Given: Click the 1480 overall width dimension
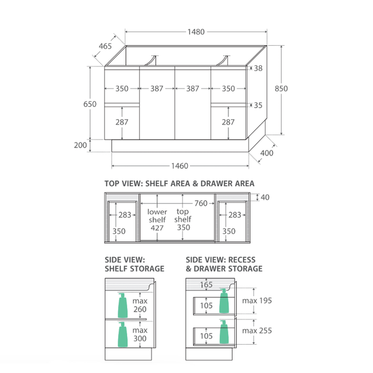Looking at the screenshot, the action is coord(196,32).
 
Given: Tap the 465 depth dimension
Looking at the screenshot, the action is coord(105,46).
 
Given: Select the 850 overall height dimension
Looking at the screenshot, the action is coord(281,88).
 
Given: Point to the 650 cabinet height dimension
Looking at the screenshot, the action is coord(90,104).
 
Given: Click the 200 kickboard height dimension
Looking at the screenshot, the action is coord(80,145).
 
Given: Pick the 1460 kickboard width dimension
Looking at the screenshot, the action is coord(180,166).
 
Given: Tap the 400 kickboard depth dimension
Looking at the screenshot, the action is coord(267,153).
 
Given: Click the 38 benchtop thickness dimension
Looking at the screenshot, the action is coord(258,68).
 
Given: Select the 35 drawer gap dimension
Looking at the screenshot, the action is coord(258,105).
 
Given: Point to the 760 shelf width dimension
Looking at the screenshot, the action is coord(201,204).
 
